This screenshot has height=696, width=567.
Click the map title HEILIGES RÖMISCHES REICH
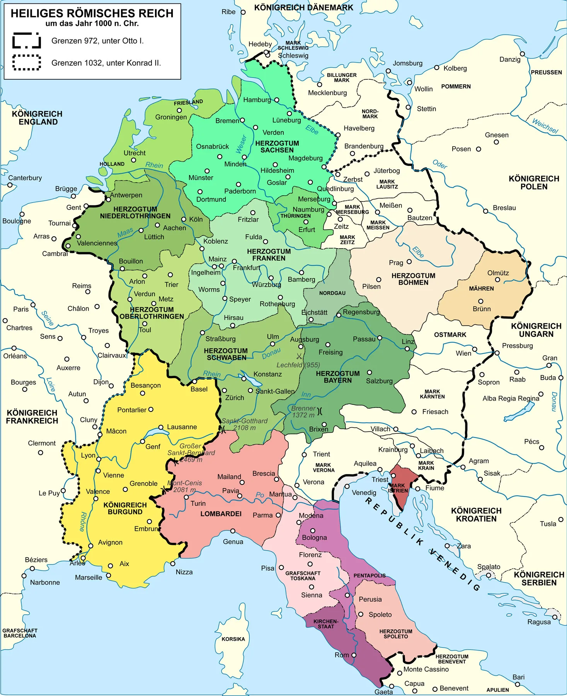[x=92, y=14]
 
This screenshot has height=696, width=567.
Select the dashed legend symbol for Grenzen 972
[x=27, y=41]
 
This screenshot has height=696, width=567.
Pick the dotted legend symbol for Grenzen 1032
[x=27, y=63]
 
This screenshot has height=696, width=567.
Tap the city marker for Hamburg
[x=276, y=100]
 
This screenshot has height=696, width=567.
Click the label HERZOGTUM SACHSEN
[x=277, y=147]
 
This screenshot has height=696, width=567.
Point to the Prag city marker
[x=409, y=262]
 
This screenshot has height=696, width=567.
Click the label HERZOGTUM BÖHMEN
[x=413, y=279]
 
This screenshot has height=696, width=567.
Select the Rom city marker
[x=354, y=655]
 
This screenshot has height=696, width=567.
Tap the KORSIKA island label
[x=233, y=639]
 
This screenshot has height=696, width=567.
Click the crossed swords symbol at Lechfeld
[x=299, y=356]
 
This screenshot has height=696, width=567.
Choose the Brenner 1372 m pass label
[x=303, y=411]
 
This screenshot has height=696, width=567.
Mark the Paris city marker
[x=33, y=305]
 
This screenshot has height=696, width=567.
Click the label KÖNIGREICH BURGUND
[x=125, y=508]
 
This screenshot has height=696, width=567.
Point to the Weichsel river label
[x=545, y=126]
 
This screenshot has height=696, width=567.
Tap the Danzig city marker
[x=522, y=54]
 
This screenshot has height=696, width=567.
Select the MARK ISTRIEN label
[x=398, y=488]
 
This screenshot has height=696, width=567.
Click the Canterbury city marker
[x=10, y=185]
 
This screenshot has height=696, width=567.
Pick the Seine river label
[x=47, y=318]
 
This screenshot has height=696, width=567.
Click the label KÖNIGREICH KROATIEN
[x=476, y=515]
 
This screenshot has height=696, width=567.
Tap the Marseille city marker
[x=109, y=575]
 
